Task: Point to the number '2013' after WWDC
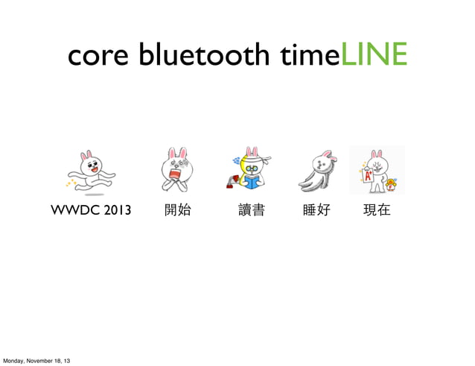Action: point(117,211)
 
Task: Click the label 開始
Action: point(177,211)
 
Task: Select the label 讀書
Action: point(251,211)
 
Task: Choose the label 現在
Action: point(376,211)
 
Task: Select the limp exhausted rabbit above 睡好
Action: point(318,169)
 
